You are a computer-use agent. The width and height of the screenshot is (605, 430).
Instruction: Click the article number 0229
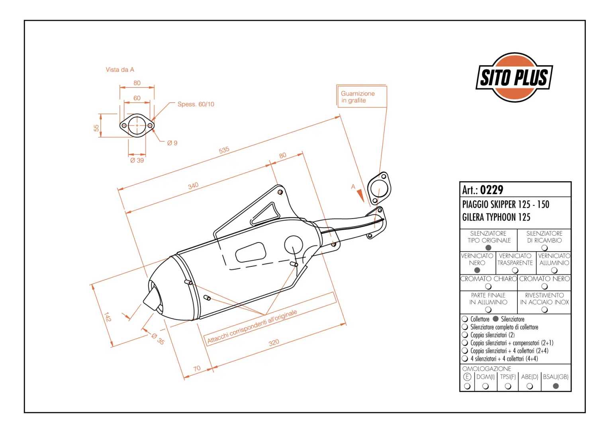tap(491, 190)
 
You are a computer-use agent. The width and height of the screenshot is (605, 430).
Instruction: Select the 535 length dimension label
tap(224, 150)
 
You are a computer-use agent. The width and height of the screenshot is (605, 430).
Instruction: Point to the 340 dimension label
tap(193, 186)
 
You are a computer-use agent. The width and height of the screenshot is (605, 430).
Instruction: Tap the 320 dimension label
tap(274, 343)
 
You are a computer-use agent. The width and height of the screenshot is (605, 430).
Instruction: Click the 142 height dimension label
tap(108, 317)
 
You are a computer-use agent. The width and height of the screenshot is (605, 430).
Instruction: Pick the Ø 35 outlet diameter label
tap(158, 339)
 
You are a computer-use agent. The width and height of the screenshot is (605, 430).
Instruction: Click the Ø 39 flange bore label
tap(137, 160)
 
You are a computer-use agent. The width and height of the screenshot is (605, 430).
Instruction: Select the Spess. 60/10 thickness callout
tap(196, 104)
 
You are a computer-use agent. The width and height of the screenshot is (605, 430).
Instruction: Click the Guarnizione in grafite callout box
tap(362, 97)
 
